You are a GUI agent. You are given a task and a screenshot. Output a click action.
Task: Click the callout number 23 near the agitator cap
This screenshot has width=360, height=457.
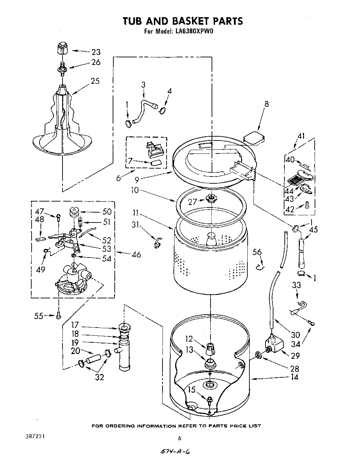(x=95, y=52)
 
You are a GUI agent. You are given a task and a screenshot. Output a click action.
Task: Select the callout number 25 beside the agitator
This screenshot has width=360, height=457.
(x=95, y=81)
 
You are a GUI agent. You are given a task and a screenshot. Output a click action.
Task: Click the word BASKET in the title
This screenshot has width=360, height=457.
(x=184, y=21)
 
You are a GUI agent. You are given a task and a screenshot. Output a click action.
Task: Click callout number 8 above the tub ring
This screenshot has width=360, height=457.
(x=266, y=104)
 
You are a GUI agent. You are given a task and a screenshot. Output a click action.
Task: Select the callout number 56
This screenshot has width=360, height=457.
(x=257, y=252)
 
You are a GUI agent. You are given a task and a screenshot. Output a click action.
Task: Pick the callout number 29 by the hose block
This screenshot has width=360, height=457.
(x=295, y=356)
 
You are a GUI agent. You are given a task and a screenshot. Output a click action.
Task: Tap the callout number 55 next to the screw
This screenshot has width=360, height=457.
(x=39, y=316)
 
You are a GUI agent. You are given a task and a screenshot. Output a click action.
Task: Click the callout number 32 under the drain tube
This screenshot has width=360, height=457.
(x=99, y=377)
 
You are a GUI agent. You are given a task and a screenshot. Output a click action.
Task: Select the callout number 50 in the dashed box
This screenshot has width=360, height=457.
(x=107, y=212)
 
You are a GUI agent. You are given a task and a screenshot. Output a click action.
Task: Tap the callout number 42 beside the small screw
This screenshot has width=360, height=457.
(x=290, y=209)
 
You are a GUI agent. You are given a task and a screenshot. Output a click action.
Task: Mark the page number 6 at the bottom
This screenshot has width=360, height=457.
(x=179, y=438)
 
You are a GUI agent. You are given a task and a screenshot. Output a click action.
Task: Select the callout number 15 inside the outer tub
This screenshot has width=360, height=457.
(x=191, y=389)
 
